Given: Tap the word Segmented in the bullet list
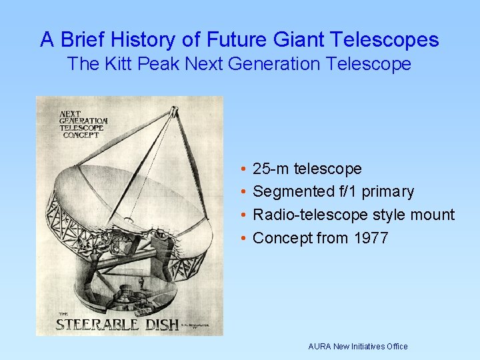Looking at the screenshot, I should tap(293, 192).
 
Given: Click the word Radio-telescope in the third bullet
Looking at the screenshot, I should tap(311, 215).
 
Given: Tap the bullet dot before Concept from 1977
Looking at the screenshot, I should tap(245, 239).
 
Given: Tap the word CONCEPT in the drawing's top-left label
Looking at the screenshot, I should tap(81, 134).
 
